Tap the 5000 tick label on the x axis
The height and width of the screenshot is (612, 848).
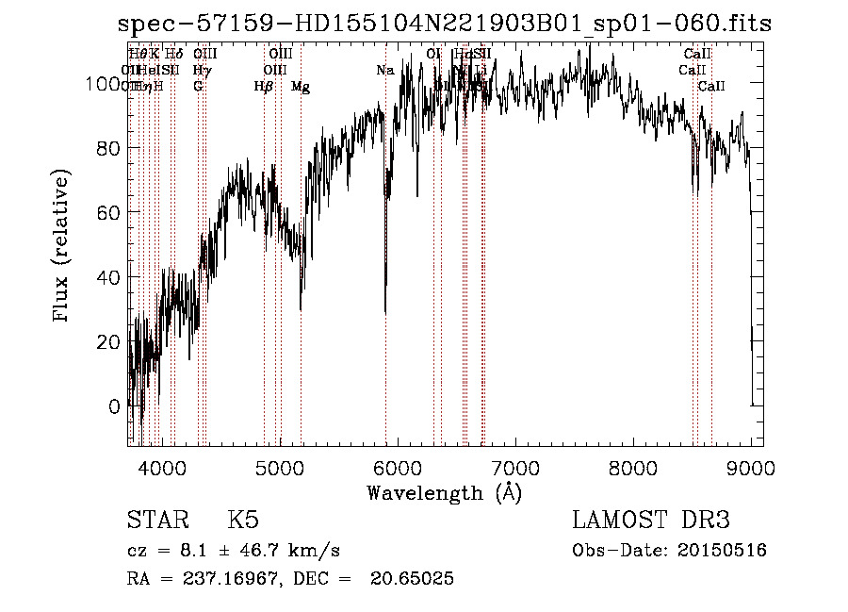(280, 467)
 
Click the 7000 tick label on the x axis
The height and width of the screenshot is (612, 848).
(515, 467)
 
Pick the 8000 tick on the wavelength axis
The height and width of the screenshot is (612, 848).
(633, 467)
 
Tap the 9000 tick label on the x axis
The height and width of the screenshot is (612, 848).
(751, 467)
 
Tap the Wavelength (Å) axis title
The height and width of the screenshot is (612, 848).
(444, 492)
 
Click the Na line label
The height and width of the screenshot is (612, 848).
(384, 70)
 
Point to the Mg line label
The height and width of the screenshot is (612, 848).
(301, 87)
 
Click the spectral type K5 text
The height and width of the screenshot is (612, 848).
(243, 521)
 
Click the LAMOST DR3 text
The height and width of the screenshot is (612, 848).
(651, 521)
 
